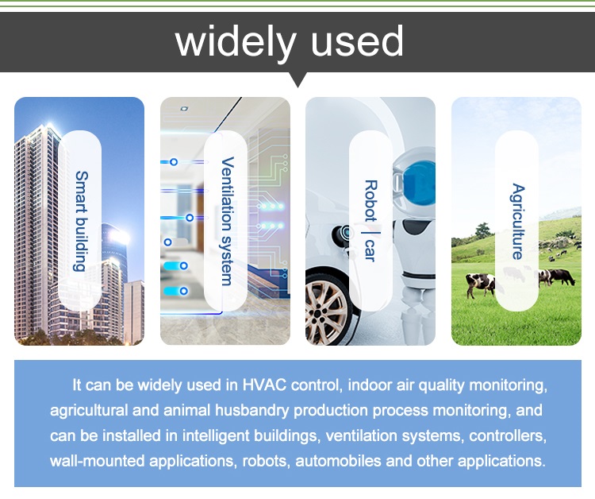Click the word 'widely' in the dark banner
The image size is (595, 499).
[236, 42]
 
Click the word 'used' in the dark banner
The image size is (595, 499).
[357, 42]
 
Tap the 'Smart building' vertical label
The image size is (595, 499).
[81, 221]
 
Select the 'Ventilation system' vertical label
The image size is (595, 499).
[227, 221]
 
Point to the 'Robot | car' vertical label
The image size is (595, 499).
[371, 221]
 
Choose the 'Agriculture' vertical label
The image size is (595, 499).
[517, 221]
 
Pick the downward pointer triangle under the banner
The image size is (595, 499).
[297, 79]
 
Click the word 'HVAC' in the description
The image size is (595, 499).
[264, 385]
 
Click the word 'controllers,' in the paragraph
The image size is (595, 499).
[508, 435]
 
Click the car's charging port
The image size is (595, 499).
[344, 233]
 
